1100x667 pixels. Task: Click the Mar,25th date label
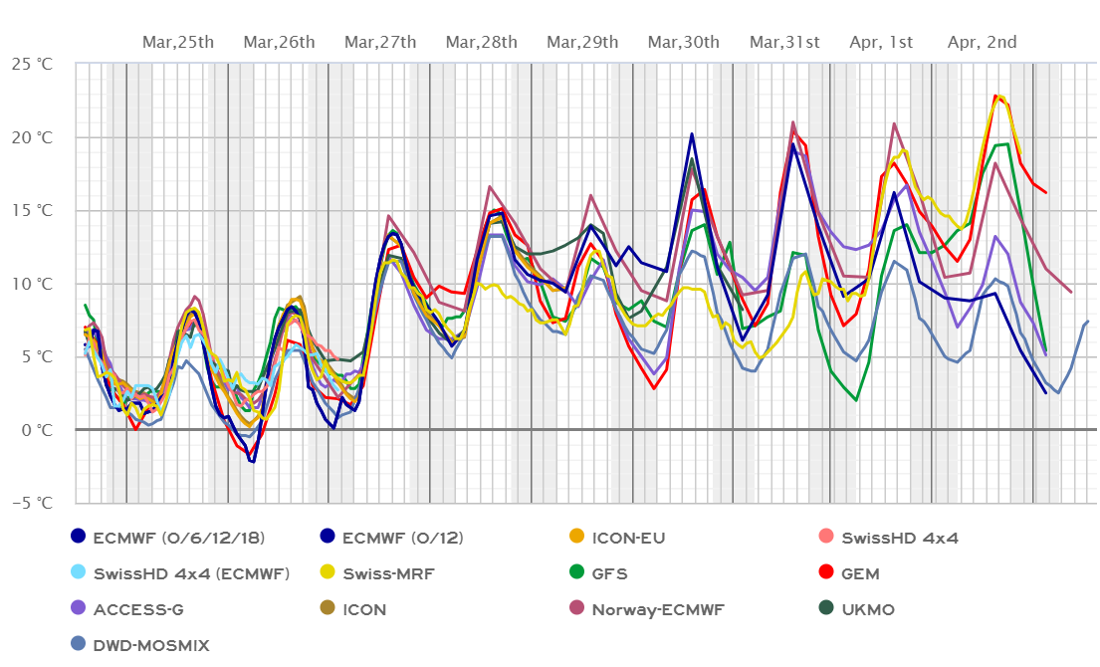[x=178, y=42]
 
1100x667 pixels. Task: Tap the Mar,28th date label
[x=482, y=42]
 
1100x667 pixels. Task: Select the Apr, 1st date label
[x=881, y=42]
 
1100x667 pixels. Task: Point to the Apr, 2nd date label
[x=983, y=42]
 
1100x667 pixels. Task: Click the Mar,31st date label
[x=785, y=42]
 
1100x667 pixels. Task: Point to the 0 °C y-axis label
[x=41, y=430]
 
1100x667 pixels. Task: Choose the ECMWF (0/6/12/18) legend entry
[x=178, y=539]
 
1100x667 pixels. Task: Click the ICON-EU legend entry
[x=628, y=539]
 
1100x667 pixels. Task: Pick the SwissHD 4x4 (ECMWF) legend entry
[x=190, y=574]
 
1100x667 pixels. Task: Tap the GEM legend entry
[x=861, y=574]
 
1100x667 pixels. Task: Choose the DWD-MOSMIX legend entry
[x=150, y=645]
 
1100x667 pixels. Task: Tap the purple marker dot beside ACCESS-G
[x=79, y=609]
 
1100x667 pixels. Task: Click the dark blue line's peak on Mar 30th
[x=692, y=133]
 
